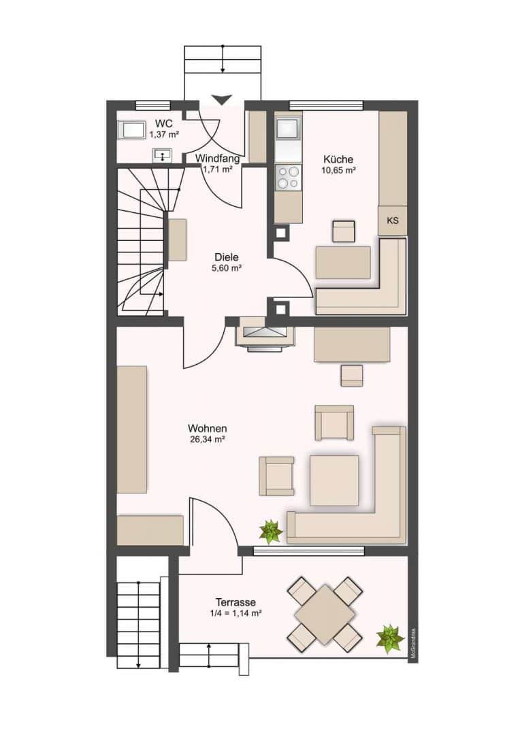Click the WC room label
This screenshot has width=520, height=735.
click(163, 124)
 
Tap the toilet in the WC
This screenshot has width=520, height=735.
click(131, 129)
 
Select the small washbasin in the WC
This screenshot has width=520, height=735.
click(163, 155)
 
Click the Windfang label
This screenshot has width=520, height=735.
click(218, 159)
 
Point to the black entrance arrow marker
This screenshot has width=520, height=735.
click(221, 99)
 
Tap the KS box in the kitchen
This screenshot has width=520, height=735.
click(393, 220)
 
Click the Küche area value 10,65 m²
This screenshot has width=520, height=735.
click(338, 171)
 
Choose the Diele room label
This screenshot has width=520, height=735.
click(227, 257)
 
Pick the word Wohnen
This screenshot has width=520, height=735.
click(207, 429)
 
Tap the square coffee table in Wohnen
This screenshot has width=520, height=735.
click(334, 481)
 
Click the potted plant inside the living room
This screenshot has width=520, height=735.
click(271, 532)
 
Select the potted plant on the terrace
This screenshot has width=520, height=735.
click(390, 638)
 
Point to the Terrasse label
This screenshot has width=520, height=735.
click(235, 602)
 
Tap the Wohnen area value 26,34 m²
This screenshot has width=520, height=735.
click(207, 440)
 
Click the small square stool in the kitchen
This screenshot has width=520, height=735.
click(344, 231)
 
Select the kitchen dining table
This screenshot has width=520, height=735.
click(343, 263)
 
